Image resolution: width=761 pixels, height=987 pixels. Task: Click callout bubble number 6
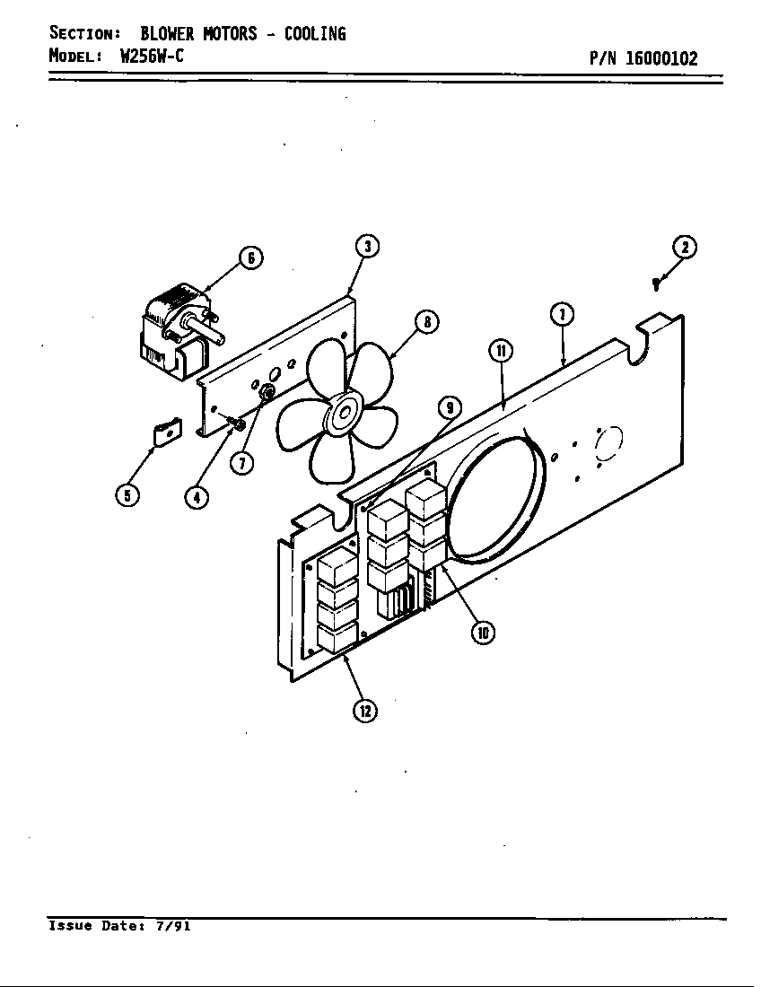click(x=250, y=258)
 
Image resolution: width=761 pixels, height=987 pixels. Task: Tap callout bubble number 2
click(x=685, y=248)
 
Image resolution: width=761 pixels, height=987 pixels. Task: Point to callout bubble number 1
click(x=562, y=314)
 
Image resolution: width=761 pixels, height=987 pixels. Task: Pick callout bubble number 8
click(x=426, y=321)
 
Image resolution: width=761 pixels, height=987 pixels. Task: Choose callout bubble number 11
click(x=500, y=350)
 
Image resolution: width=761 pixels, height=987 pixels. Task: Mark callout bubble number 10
click(x=483, y=633)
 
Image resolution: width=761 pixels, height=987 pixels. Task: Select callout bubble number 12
click(x=363, y=711)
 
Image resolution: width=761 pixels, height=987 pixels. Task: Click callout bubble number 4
click(x=197, y=495)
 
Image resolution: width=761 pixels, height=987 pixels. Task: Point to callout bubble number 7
click(x=241, y=463)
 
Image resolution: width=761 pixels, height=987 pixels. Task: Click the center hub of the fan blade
click(x=343, y=415)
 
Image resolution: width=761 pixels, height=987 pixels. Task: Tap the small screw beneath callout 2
click(x=656, y=284)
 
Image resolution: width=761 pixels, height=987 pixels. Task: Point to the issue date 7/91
click(x=171, y=926)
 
